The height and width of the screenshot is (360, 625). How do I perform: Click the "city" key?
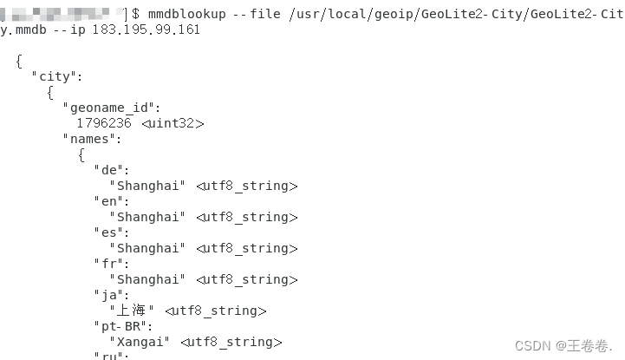tap(57, 76)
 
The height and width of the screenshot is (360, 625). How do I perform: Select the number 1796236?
tap(104, 123)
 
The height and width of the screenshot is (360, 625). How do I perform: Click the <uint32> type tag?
tap(173, 123)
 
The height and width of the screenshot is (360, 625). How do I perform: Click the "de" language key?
tap(112, 170)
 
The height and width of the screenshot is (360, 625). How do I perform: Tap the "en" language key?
tap(112, 201)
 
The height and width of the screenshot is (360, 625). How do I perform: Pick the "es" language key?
tap(112, 232)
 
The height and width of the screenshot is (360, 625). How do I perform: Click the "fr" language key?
tap(112, 264)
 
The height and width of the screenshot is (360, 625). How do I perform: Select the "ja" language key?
tap(112, 295)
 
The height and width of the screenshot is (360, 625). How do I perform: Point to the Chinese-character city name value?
tap(132, 311)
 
